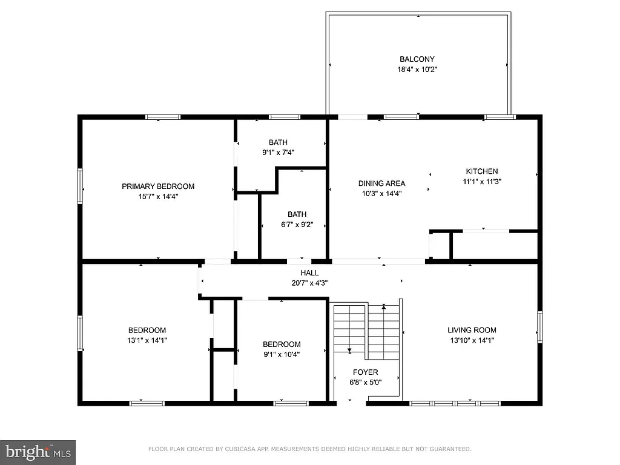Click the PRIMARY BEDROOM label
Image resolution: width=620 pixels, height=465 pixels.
click(x=158, y=186)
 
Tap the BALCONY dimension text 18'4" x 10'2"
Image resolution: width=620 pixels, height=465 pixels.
click(x=417, y=70)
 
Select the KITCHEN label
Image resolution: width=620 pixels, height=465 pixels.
click(x=481, y=171)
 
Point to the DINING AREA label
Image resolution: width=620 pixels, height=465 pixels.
click(x=381, y=183)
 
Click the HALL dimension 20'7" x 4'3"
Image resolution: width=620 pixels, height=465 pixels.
click(x=309, y=283)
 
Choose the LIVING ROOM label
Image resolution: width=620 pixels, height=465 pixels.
click(x=472, y=330)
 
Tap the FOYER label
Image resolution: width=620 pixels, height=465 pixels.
click(x=366, y=372)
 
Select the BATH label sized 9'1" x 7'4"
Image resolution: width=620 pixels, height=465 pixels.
click(x=279, y=143)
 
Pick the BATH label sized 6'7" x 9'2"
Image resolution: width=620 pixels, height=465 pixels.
click(x=297, y=214)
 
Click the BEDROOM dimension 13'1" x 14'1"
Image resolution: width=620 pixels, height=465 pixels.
click(x=147, y=340)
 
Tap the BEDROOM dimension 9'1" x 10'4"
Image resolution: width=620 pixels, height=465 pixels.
click(x=282, y=354)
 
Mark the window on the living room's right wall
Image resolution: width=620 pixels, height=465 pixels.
click(x=539, y=327)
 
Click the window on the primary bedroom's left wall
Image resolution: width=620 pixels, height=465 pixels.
click(x=80, y=186)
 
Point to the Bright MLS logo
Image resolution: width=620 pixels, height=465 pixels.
click(x=38, y=452)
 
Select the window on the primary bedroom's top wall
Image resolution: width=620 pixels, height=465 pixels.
click(x=162, y=117)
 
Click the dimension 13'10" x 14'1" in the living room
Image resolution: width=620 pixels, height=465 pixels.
click(x=472, y=340)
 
